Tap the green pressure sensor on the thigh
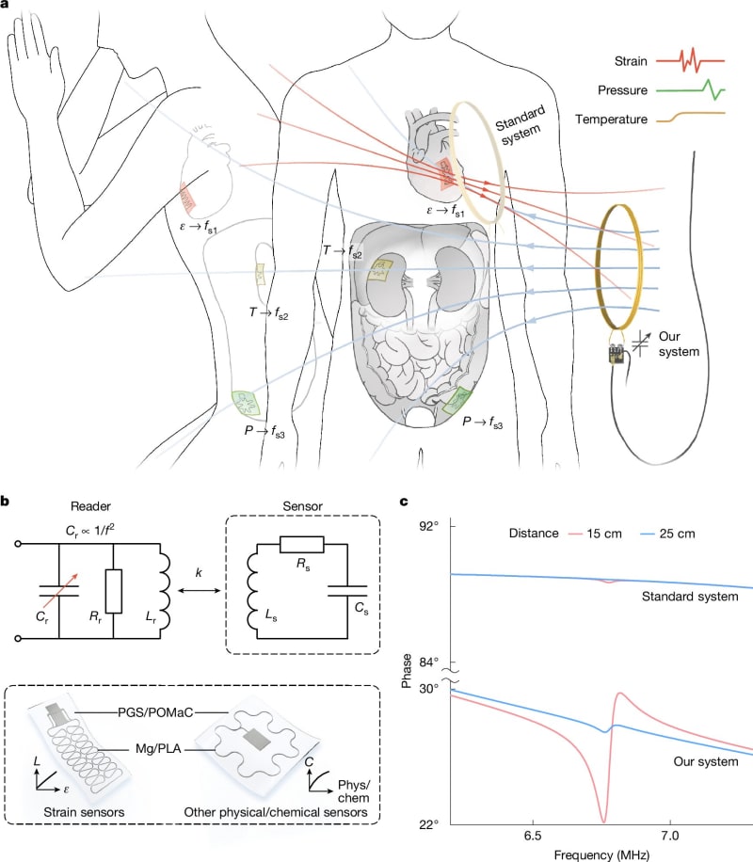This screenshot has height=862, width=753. (246, 403)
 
